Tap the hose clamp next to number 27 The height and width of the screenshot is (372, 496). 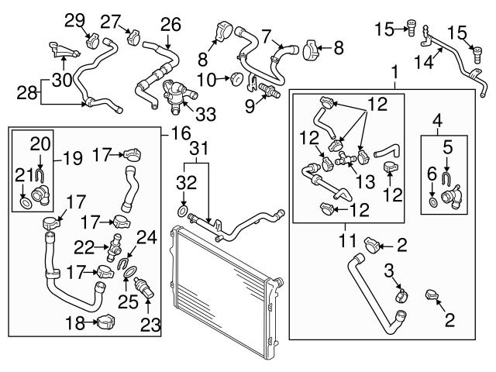click(x=132, y=36)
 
